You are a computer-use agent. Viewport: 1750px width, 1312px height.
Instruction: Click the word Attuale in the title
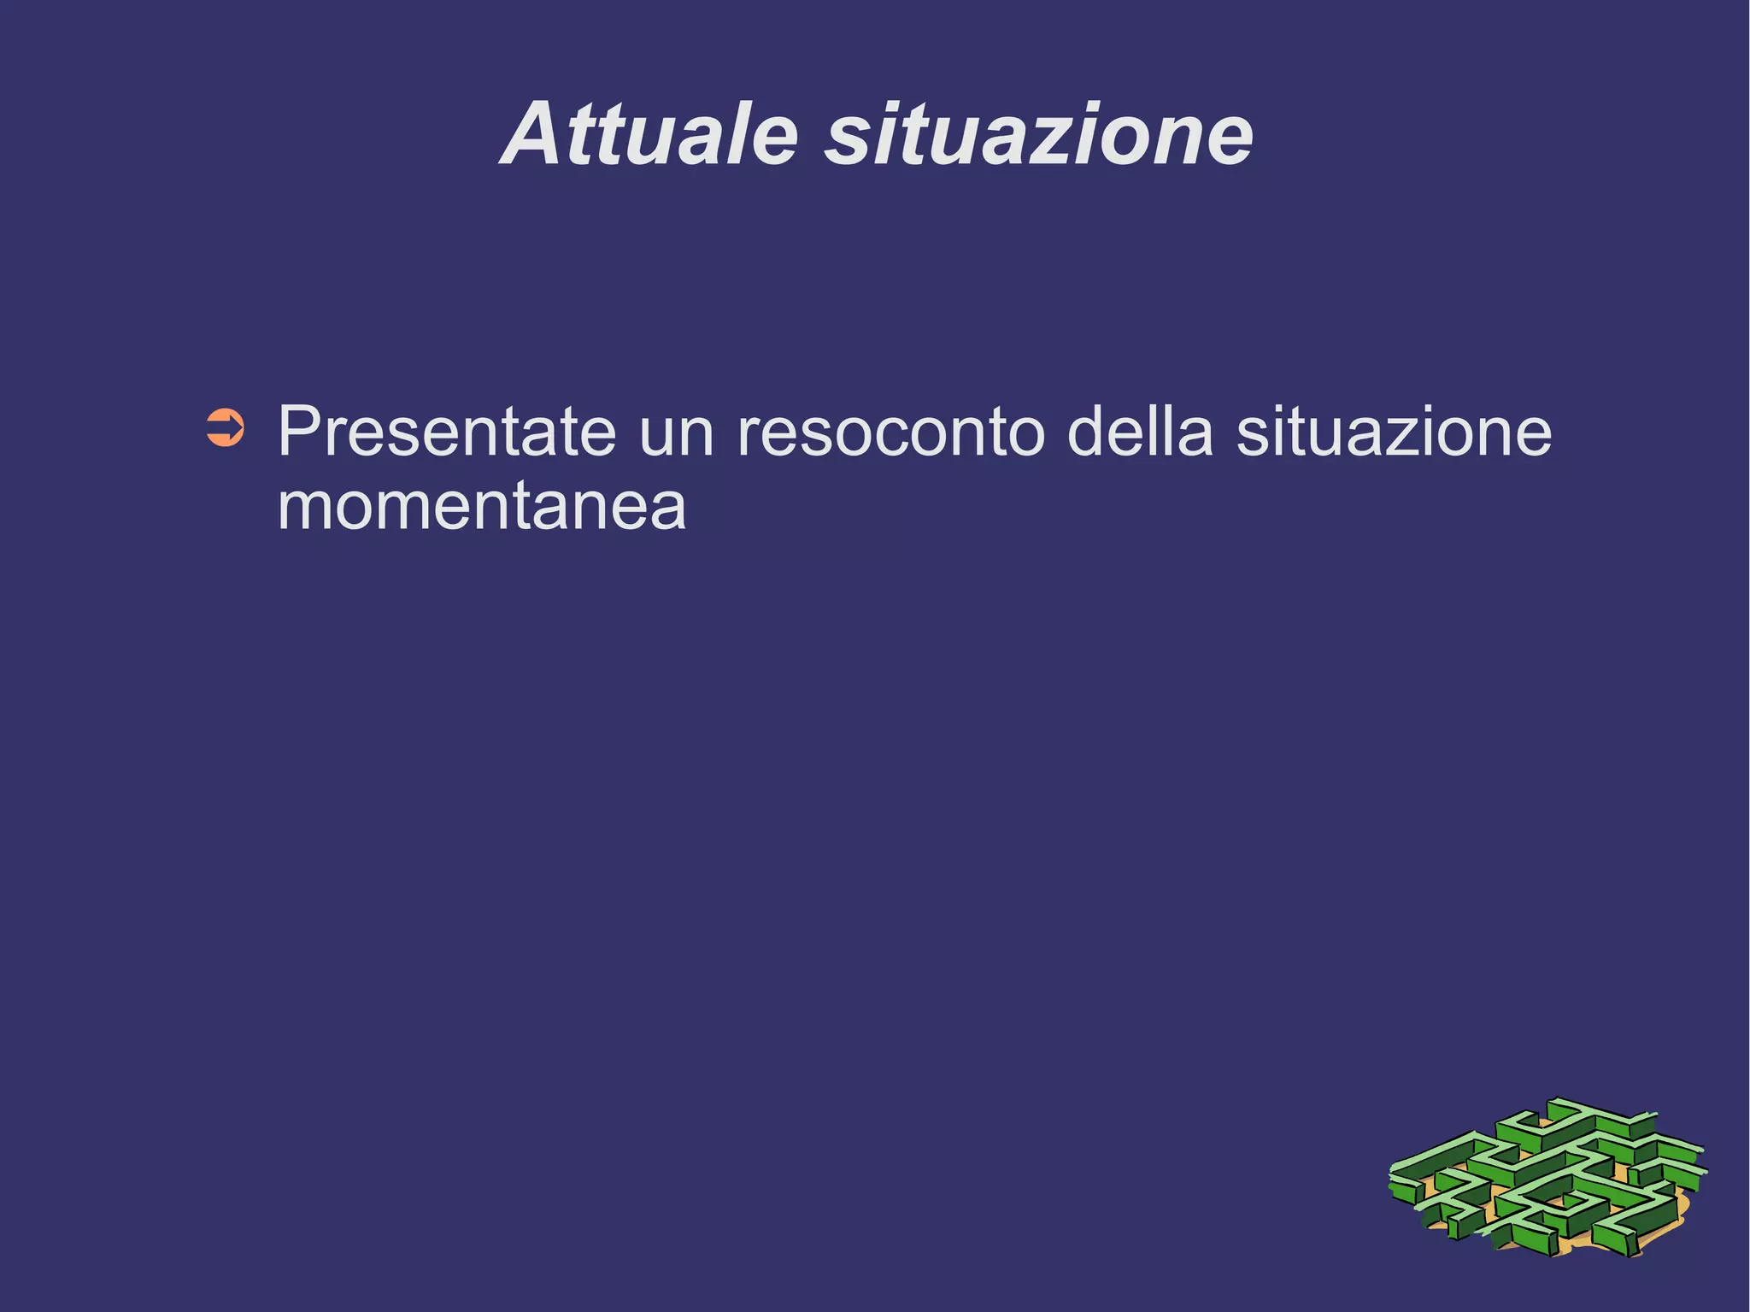point(649,135)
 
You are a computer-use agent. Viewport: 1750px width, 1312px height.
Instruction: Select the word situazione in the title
point(1038,135)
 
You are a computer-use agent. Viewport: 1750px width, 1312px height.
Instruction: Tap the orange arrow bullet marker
point(226,428)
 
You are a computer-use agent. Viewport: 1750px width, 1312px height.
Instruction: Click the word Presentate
point(446,432)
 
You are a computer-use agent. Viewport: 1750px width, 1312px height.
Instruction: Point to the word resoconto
point(890,433)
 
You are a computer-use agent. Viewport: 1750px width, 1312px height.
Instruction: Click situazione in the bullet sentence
point(1394,432)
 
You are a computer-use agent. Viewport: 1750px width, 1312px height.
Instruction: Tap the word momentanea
point(482,508)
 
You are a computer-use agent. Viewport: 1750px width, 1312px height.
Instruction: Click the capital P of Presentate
point(301,432)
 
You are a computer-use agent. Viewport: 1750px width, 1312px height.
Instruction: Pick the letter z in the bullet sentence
point(1409,435)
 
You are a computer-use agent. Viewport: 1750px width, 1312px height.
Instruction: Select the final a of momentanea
point(667,509)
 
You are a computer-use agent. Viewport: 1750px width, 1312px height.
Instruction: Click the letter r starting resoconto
point(746,435)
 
